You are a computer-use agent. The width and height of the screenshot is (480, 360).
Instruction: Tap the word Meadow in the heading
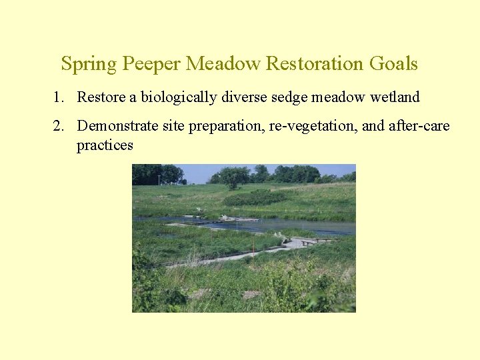click(223, 63)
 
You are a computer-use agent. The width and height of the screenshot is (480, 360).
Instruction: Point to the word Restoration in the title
click(313, 63)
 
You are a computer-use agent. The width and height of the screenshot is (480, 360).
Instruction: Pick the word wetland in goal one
click(395, 97)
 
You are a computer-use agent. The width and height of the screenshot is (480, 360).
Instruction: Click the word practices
click(105, 145)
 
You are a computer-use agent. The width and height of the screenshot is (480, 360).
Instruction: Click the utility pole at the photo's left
click(159, 179)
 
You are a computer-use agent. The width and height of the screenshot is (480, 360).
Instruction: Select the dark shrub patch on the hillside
click(253, 198)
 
